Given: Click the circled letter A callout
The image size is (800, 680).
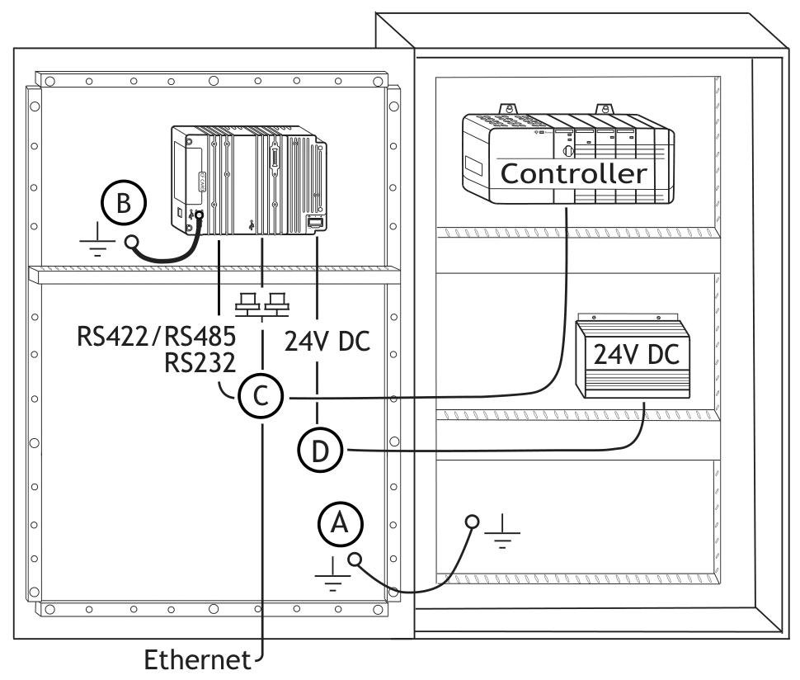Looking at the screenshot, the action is (340, 524).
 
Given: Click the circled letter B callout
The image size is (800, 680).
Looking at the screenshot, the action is (124, 203).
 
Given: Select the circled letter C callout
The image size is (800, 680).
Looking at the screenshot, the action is (260, 395).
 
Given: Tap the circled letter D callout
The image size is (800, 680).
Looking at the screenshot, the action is (320, 451).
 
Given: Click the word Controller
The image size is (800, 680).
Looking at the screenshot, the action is (574, 173).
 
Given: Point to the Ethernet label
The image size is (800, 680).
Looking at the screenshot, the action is (198, 659).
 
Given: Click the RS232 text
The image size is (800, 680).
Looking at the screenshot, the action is (200, 363).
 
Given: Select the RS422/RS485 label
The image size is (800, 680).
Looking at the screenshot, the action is (156, 337).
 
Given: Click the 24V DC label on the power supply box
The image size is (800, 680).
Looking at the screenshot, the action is (636, 354).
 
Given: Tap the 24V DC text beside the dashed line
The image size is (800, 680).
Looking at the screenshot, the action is (327, 342).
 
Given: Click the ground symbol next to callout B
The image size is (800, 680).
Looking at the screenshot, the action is (97, 239).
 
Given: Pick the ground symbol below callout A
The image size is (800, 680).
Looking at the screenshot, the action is (332, 574).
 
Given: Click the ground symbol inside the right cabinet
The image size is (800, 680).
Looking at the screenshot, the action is (502, 531).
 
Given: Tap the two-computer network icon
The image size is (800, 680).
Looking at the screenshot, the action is (261, 302).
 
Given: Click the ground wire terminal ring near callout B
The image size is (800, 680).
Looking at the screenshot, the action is (132, 241).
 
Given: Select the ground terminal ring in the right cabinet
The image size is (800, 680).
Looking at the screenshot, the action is (472, 522).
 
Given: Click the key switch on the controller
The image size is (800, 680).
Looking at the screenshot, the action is (568, 151).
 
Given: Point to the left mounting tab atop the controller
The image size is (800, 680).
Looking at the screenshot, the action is (508, 110).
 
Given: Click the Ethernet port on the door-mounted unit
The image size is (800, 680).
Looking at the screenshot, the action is (314, 222).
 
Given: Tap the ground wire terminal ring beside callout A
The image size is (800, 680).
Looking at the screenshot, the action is (355, 560).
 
